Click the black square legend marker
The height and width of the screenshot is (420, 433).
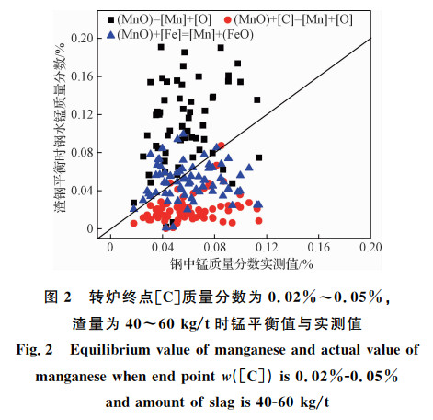tap(110, 20)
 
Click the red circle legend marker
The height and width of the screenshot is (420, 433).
tap(227, 20)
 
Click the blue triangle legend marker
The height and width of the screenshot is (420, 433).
tap(110, 35)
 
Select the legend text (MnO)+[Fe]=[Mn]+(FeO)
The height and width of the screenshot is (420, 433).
tap(185, 35)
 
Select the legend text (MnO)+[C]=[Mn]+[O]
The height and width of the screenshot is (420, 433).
tap(293, 20)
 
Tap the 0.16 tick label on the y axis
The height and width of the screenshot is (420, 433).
tap(82, 76)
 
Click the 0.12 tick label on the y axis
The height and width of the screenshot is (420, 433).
tap(82, 114)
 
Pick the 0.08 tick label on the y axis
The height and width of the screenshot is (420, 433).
tap(82, 153)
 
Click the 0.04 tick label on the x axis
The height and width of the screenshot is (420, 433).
tap(163, 248)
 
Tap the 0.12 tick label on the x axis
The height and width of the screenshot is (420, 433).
tap(267, 248)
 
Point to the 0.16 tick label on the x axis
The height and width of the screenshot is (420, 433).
tap(319, 248)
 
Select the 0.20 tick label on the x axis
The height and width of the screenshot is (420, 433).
tap(370, 248)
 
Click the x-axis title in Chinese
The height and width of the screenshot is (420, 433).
tap(242, 263)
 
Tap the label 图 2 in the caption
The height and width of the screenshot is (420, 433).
tap(58, 297)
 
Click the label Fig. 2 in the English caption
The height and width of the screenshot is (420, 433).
tap(34, 350)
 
